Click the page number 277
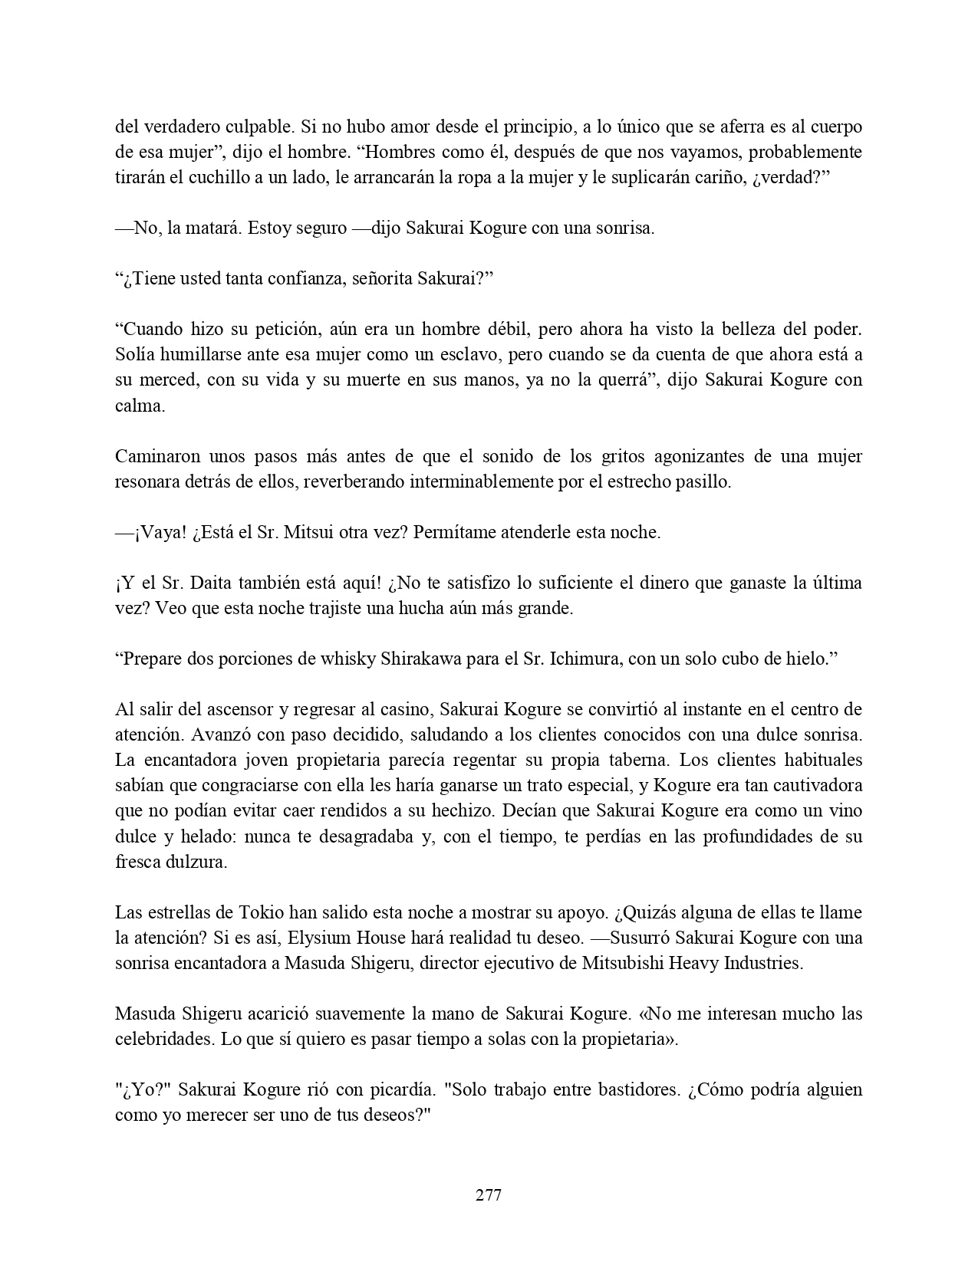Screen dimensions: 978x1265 tap(489, 1195)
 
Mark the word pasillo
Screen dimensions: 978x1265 tap(704, 481)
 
